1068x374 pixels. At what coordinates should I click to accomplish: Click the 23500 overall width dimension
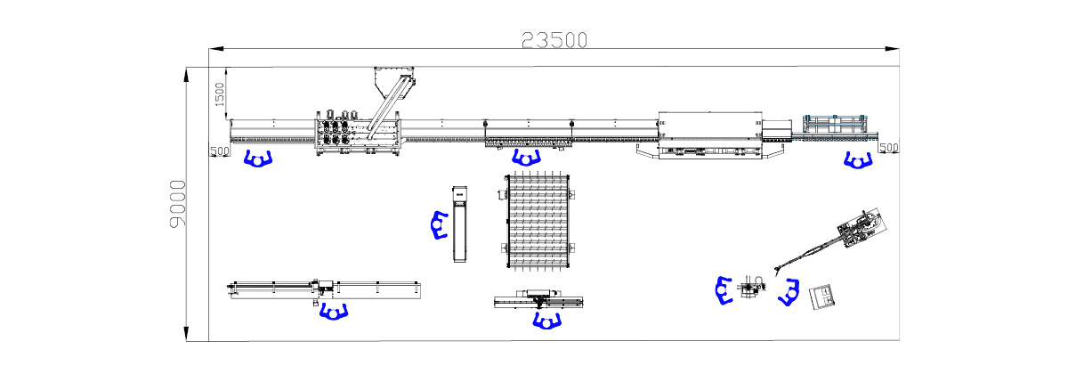[554, 41]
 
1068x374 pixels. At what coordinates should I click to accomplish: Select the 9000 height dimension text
[178, 204]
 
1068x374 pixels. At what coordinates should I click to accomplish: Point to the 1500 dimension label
[219, 94]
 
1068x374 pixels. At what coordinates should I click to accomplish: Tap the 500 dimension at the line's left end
[220, 151]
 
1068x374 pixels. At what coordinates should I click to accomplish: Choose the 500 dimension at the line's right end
[889, 148]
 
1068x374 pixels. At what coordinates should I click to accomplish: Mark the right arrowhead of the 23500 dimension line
[892, 49]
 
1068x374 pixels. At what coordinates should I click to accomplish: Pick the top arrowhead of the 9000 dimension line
[186, 75]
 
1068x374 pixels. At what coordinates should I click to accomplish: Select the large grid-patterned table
[538, 222]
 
